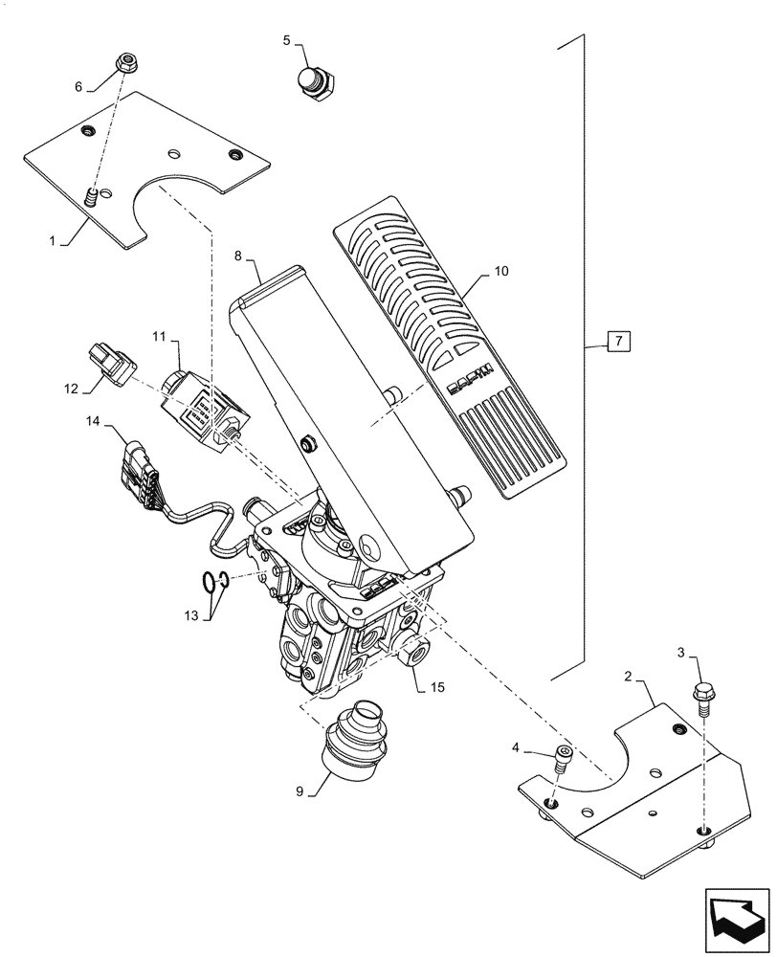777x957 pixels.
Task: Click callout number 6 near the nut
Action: [x=79, y=86]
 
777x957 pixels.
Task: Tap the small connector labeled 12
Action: [x=113, y=367]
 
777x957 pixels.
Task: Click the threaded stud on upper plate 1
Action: [x=92, y=199]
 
